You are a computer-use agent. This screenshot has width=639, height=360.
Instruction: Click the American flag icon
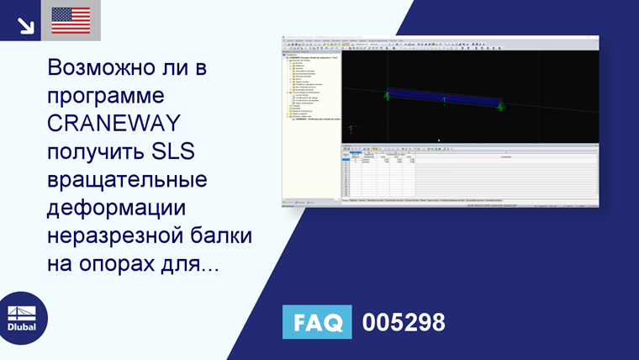[x=71, y=20]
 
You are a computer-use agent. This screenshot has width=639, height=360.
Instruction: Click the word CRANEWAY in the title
[x=114, y=124]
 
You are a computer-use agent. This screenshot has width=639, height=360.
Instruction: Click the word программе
[x=107, y=95]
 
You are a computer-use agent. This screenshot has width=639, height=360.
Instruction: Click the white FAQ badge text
[x=316, y=322]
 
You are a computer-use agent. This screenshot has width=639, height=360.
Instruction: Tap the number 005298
[x=404, y=322]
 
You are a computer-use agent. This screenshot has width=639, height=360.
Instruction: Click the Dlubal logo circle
[x=23, y=318]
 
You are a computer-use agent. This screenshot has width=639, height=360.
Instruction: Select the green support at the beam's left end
[x=387, y=95]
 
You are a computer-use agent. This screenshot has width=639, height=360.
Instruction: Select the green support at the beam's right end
[x=500, y=106]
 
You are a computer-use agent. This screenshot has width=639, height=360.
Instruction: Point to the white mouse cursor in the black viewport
[x=438, y=140]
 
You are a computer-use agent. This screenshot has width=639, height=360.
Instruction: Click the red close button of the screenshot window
[x=595, y=38]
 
